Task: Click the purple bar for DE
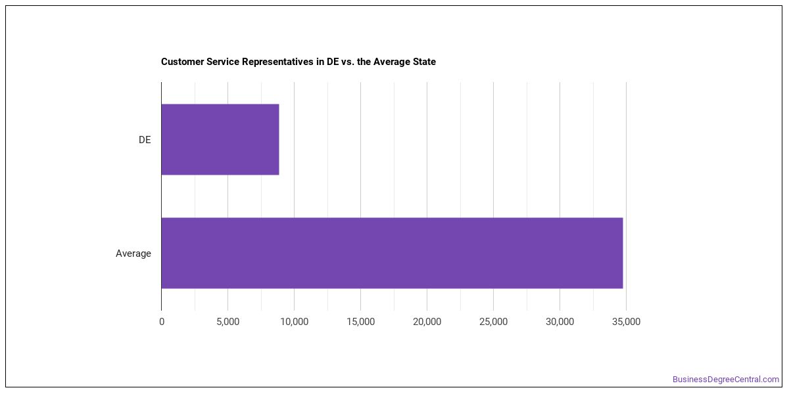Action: (220, 139)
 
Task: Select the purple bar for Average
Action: (392, 253)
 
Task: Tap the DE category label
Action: (145, 140)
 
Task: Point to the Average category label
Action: (133, 253)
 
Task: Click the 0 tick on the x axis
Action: (162, 322)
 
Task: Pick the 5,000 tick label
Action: (228, 322)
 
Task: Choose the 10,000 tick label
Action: (294, 322)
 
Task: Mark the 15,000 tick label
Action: (361, 322)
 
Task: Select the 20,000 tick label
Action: (427, 322)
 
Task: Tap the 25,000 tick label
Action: (494, 322)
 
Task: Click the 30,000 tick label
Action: (560, 322)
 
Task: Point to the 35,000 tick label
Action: (626, 322)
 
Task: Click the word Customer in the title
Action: (182, 62)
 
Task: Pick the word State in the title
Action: (424, 62)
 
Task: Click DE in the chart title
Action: (333, 62)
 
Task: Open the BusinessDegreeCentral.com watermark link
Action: (726, 380)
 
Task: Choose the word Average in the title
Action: (391, 62)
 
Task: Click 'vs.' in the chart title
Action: (348, 62)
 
